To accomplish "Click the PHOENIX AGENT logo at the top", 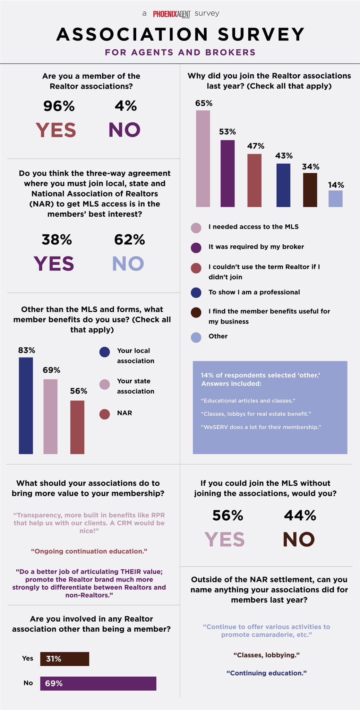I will pyautogui.click(x=172, y=14).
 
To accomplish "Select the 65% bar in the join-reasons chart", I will pyautogui.click(x=203, y=158).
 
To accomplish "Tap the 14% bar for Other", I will pyautogui.click(x=335, y=199).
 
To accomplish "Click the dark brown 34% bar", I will pyautogui.click(x=310, y=190).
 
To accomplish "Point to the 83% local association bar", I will pyautogui.click(x=26, y=405).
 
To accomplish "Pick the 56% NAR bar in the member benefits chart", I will pyautogui.click(x=77, y=427).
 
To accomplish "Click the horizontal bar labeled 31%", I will pyautogui.click(x=65, y=659).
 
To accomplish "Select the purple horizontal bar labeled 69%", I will pyautogui.click(x=98, y=683).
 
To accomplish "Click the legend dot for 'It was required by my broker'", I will pyautogui.click(x=196, y=248).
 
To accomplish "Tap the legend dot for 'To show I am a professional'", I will pyautogui.click(x=196, y=293).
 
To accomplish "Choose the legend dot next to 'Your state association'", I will pyautogui.click(x=104, y=384).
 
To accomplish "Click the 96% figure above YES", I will pyautogui.click(x=59, y=106).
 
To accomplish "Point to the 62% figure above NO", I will pyautogui.click(x=129, y=240).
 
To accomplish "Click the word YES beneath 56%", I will pyautogui.click(x=224, y=539).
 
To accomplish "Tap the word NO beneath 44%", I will pyautogui.click(x=299, y=539).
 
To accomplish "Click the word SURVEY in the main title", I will pyautogui.click(x=261, y=34).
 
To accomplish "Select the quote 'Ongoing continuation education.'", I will pyautogui.click(x=89, y=551).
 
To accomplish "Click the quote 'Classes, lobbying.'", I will pyautogui.click(x=266, y=655).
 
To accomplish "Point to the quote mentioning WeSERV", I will pyautogui.click(x=261, y=427).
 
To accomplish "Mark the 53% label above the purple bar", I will pyautogui.click(x=227, y=132).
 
